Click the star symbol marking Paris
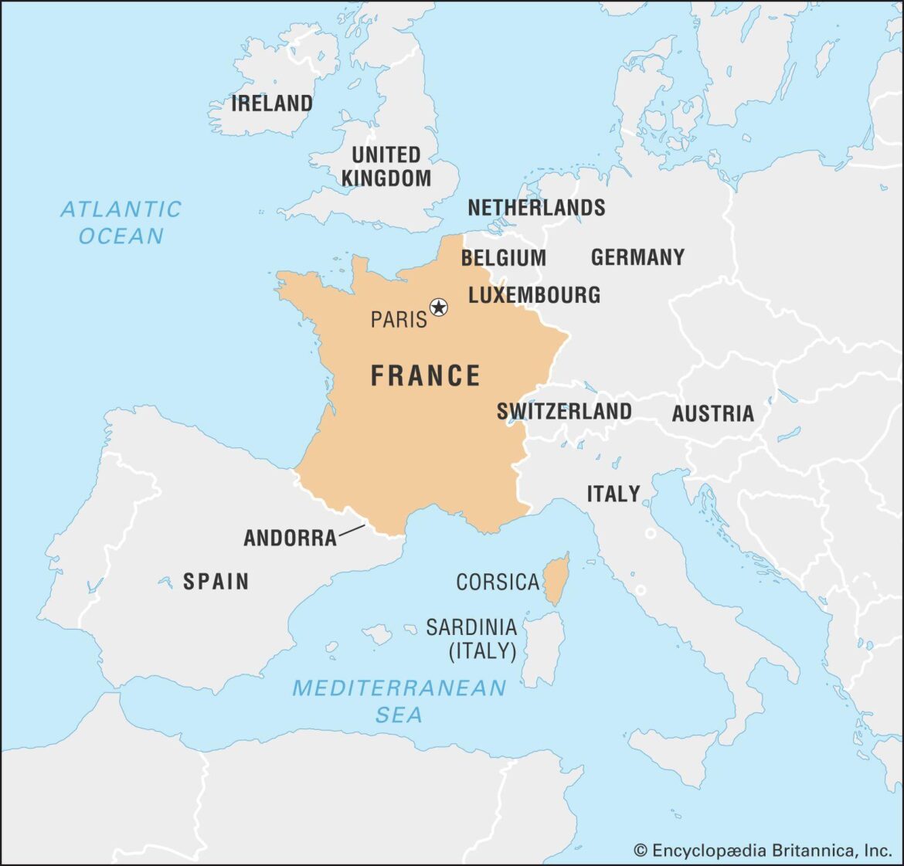point(439,307)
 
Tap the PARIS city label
point(398,319)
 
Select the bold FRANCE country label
point(426,376)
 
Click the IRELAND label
point(272,104)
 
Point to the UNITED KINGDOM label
point(386,166)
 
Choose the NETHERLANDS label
point(536,208)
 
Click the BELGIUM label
point(503,258)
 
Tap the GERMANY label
point(637,257)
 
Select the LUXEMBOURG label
point(534,295)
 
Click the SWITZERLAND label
point(564,412)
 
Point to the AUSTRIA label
point(712,414)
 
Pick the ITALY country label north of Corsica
point(613,494)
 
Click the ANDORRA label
point(291,538)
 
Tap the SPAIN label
point(216,581)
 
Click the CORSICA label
point(497,582)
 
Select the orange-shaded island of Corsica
point(556,579)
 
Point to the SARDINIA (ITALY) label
point(472,638)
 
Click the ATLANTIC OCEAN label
point(121,222)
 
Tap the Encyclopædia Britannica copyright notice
point(762,851)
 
